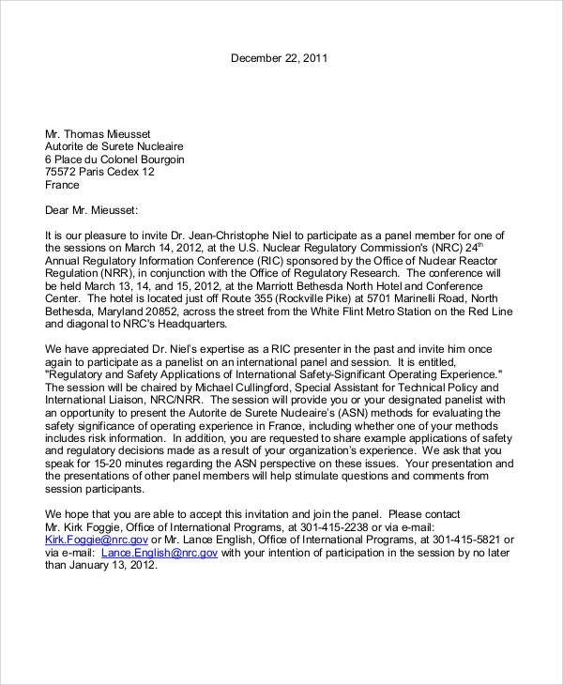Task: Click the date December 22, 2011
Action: click(x=280, y=58)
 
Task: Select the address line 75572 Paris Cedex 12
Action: click(x=100, y=172)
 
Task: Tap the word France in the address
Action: click(x=63, y=185)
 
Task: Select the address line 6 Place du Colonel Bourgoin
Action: click(x=114, y=159)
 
